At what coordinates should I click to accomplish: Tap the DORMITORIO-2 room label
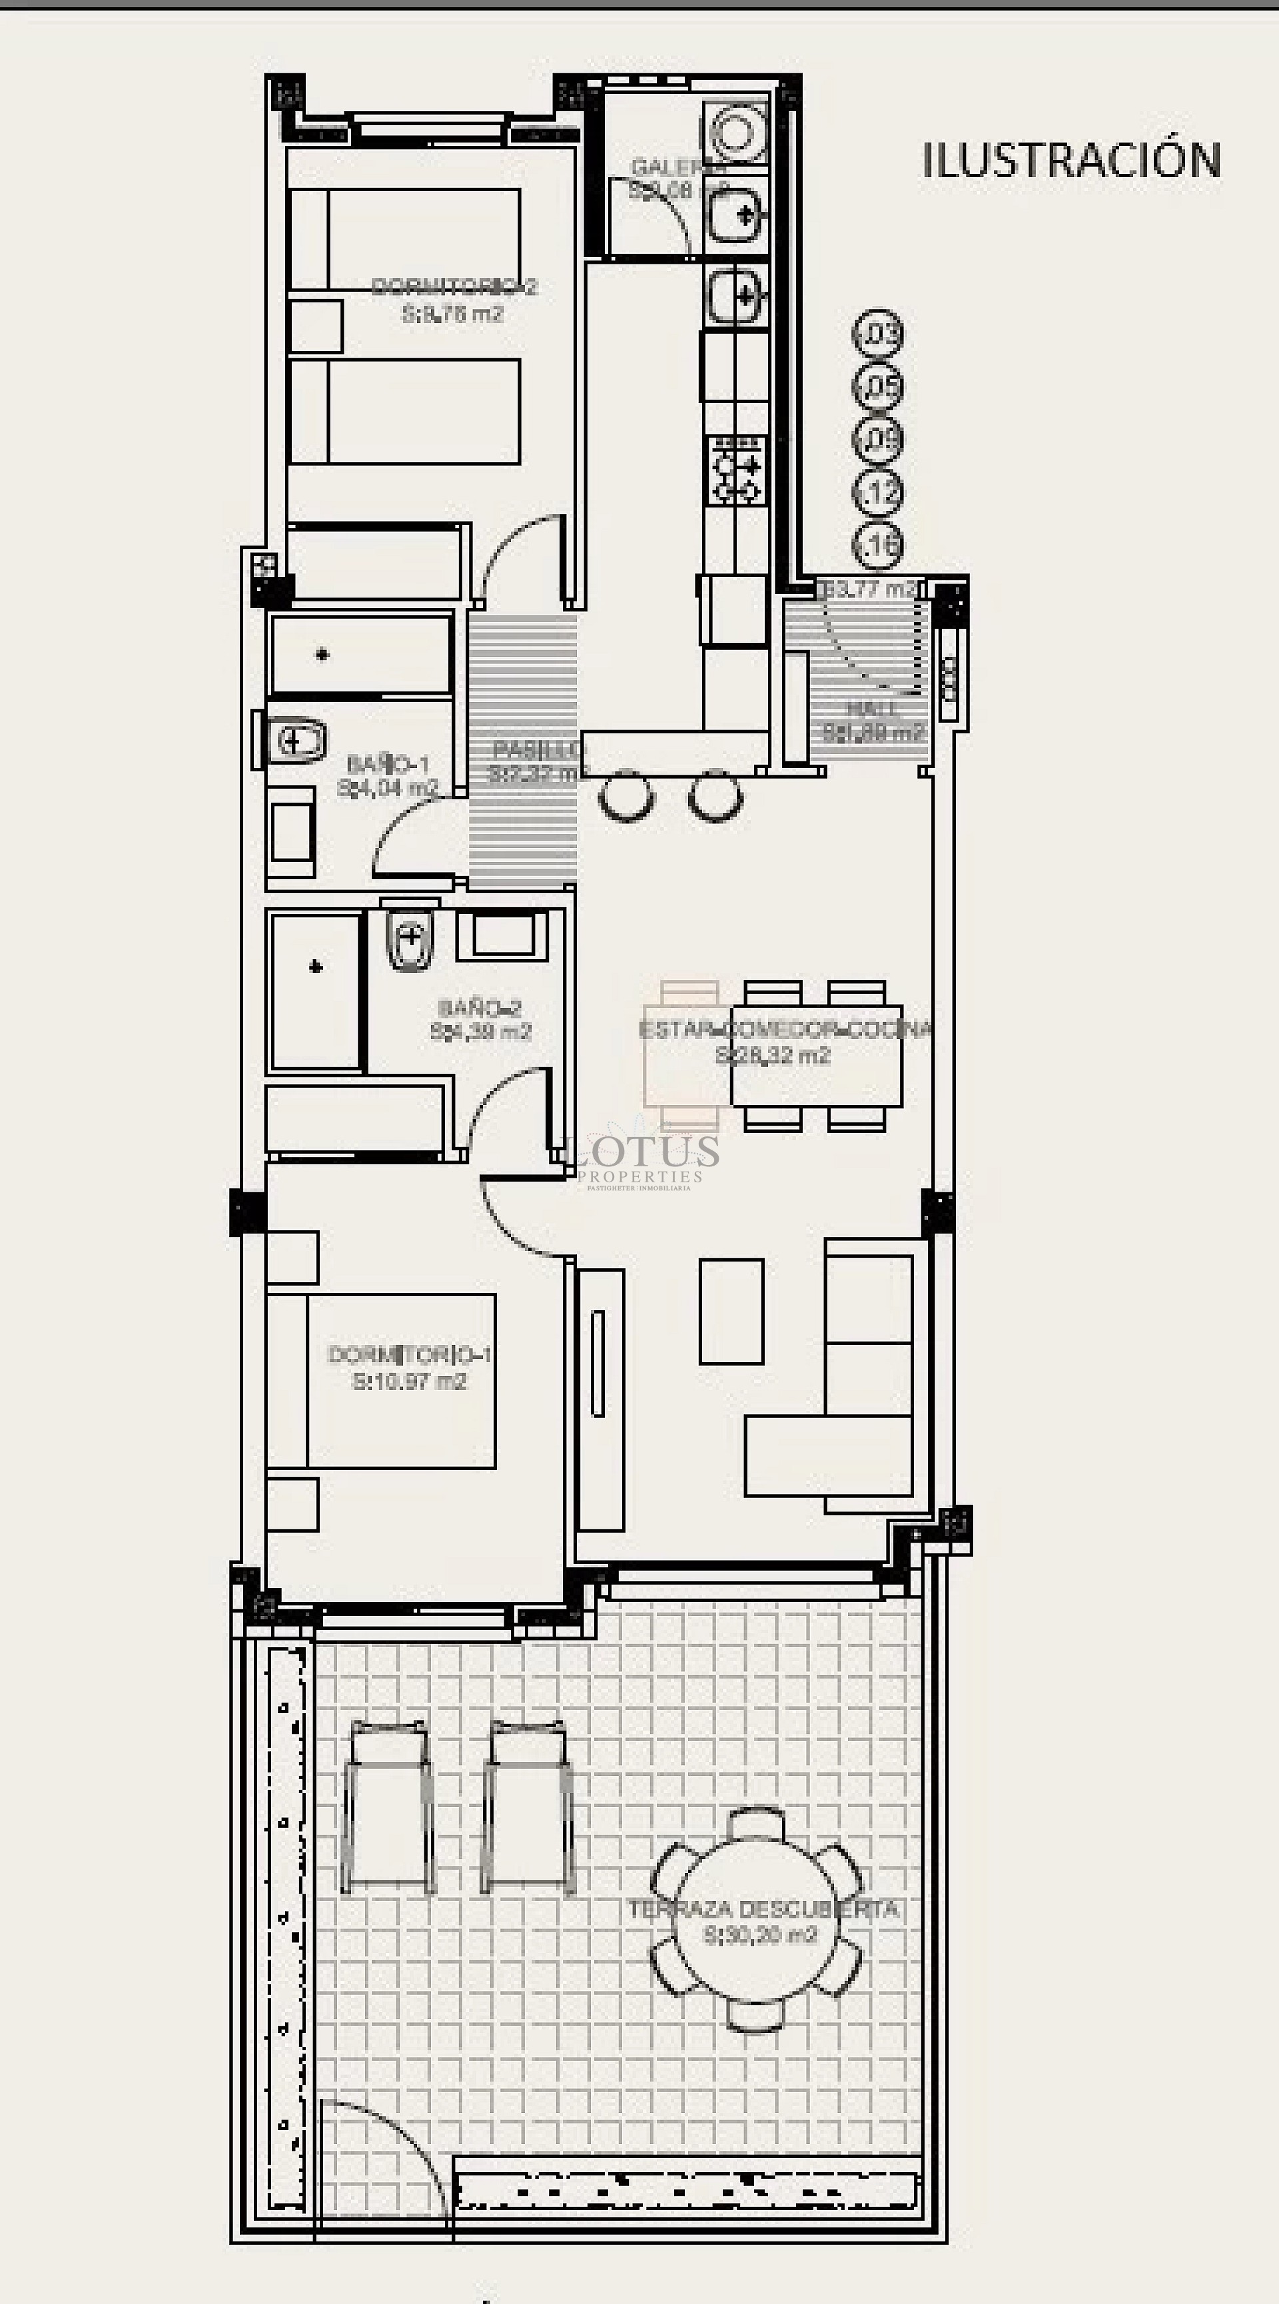click(x=454, y=286)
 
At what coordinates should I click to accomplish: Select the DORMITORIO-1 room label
click(x=409, y=1354)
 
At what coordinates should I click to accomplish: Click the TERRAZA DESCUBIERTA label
click(x=762, y=1910)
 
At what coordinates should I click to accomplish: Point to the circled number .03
click(x=878, y=334)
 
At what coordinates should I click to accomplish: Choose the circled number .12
click(x=878, y=492)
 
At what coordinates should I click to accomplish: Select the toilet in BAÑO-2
click(x=410, y=939)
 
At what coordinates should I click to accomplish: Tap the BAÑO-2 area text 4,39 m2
click(x=480, y=1031)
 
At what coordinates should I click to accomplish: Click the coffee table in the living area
click(x=731, y=1312)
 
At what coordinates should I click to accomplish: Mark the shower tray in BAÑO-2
click(x=316, y=990)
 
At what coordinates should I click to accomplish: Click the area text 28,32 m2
click(x=773, y=1055)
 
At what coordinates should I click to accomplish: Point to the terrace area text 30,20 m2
click(x=760, y=1936)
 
